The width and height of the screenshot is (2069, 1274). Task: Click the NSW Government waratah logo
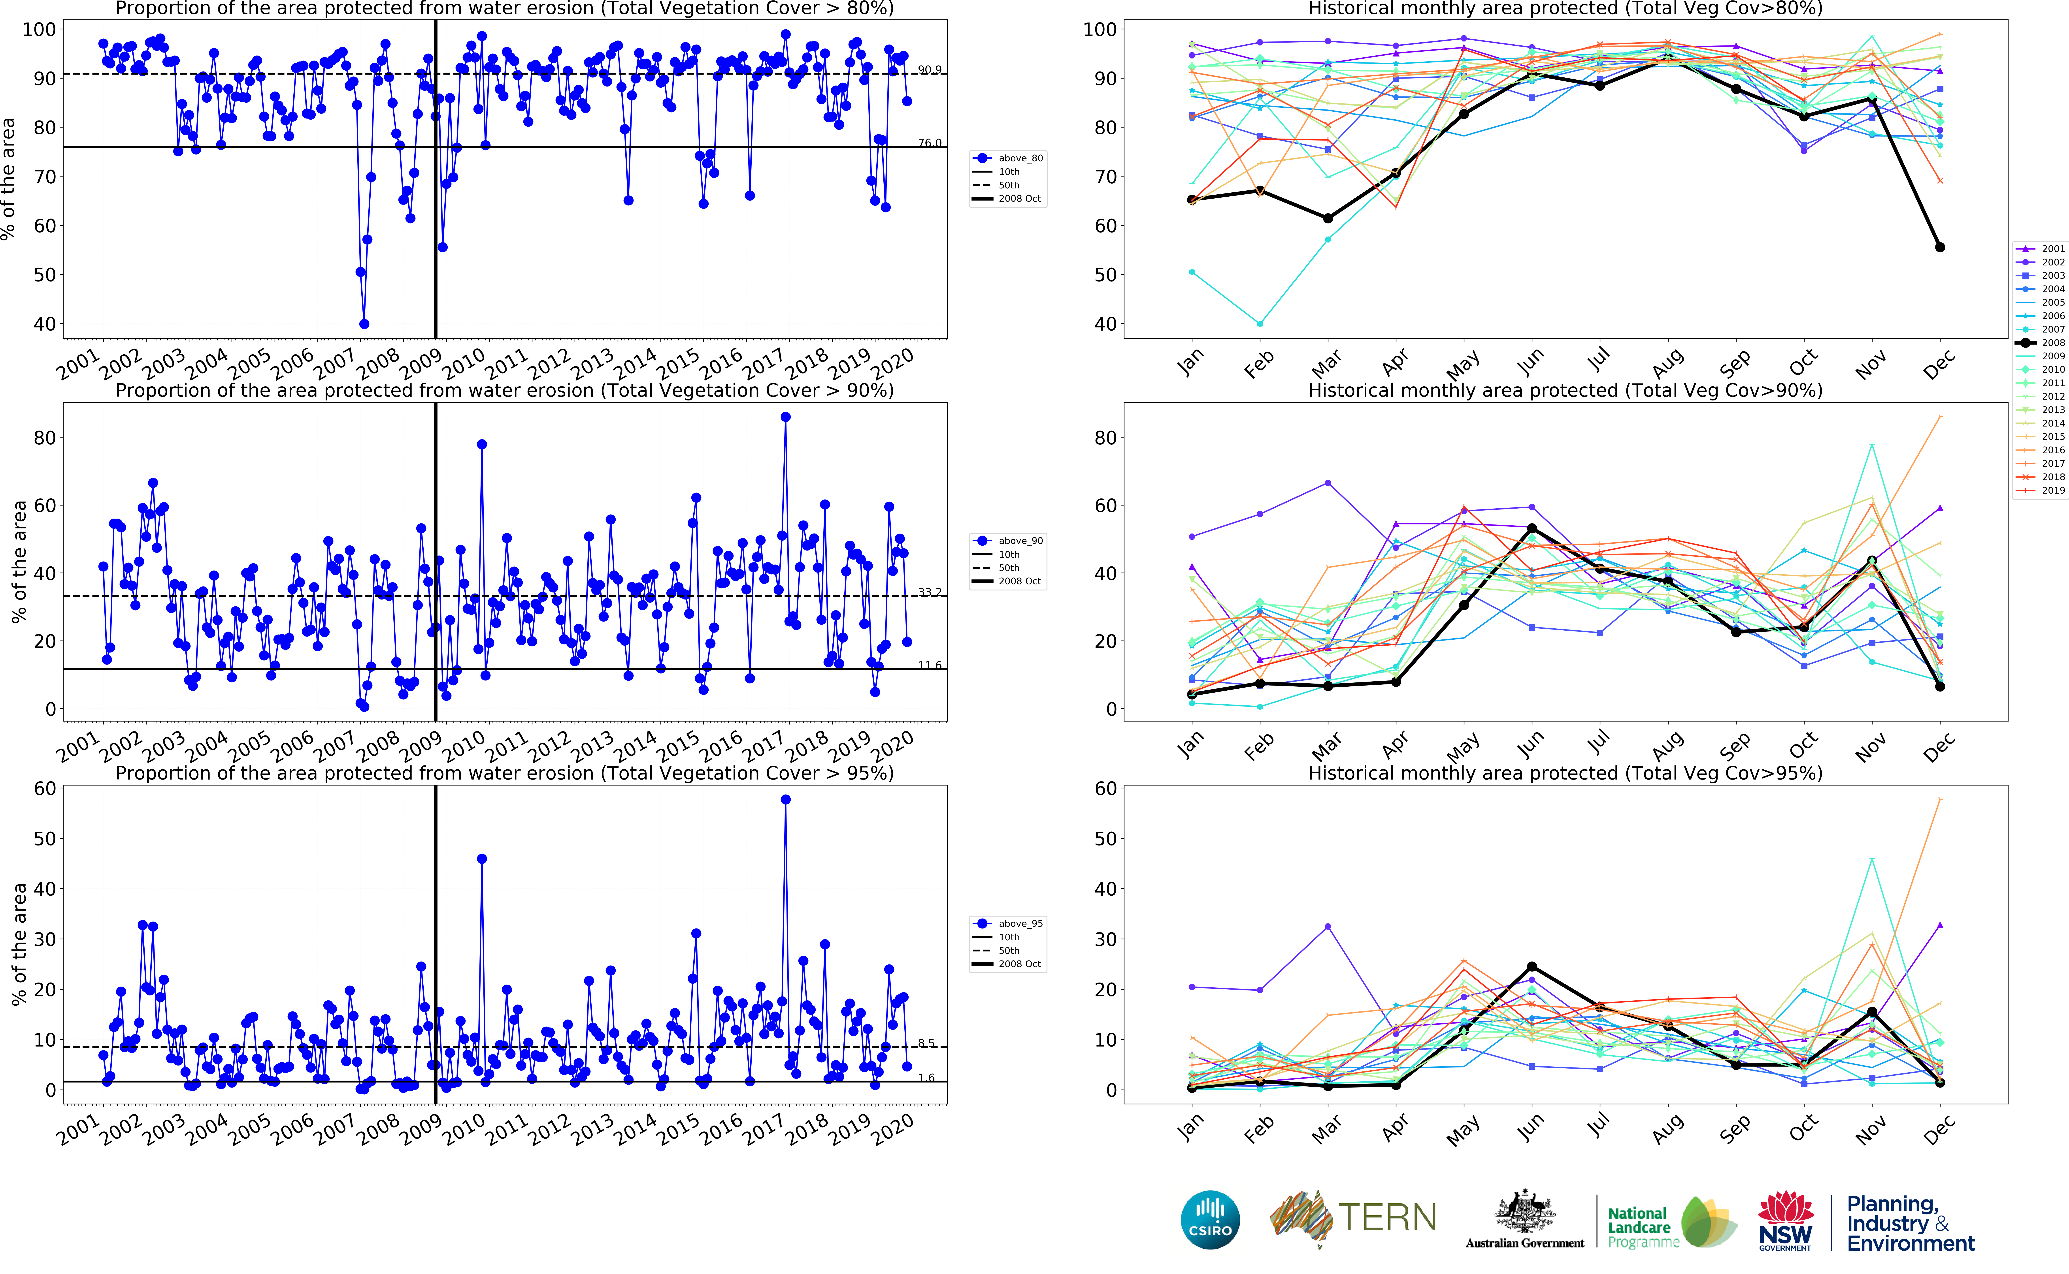(x=1785, y=1219)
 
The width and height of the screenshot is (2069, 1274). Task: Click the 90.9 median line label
(x=930, y=70)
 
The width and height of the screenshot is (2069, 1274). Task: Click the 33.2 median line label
(x=930, y=592)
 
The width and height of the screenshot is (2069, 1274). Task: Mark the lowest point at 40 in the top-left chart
(x=364, y=323)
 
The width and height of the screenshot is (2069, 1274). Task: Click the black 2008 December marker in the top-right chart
(x=1940, y=247)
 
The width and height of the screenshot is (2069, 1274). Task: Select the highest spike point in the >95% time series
(x=785, y=800)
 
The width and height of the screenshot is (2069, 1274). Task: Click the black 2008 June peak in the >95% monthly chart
(x=1532, y=966)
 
